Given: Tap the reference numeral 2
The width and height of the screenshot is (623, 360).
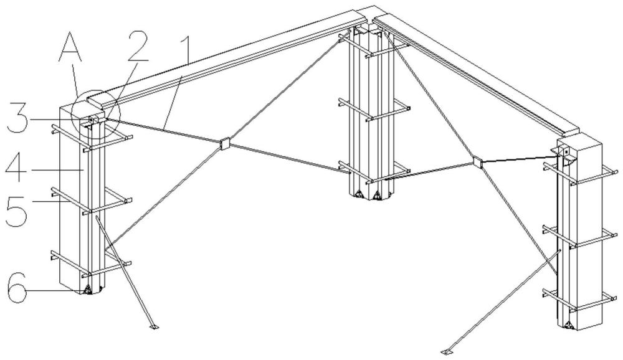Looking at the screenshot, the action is pyautogui.click(x=138, y=45).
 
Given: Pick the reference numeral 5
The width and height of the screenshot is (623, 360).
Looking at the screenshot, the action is pyautogui.click(x=16, y=212).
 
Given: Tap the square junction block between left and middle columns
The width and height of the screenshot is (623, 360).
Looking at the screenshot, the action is pyautogui.click(x=224, y=143).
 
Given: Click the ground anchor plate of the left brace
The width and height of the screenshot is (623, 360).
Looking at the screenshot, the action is pyautogui.click(x=153, y=327).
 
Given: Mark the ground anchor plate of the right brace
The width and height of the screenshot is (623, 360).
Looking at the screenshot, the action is pyautogui.click(x=447, y=351).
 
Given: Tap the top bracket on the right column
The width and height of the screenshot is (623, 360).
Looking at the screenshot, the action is pyautogui.click(x=564, y=153).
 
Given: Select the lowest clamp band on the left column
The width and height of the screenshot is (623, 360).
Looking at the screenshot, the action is pyautogui.click(x=92, y=264).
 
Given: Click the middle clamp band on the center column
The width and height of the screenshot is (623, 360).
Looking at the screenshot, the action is pyautogui.click(x=373, y=108).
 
